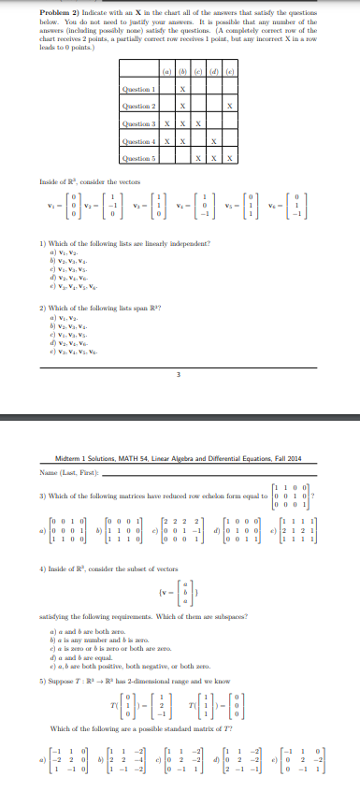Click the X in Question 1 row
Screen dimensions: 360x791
coord(183,90)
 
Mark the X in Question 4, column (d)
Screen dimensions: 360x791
coord(214,142)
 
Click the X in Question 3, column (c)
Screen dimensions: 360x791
coord(198,124)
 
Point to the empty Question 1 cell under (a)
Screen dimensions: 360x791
coord(166,90)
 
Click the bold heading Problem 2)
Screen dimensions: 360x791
coord(64,10)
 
